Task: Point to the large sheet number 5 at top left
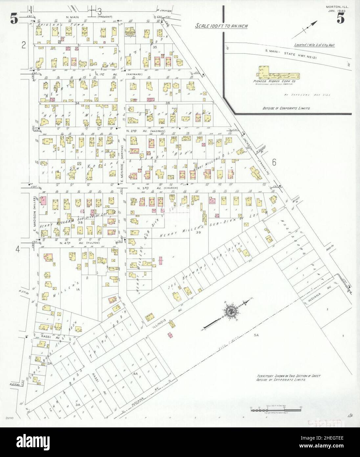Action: click(14, 20)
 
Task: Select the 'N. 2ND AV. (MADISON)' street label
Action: click(146, 131)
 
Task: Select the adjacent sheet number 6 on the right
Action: click(274, 162)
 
